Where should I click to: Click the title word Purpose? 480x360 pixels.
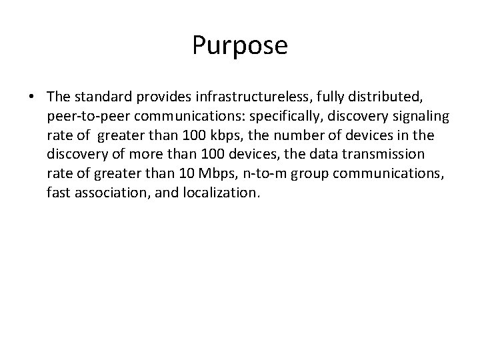240,46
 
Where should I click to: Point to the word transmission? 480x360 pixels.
385,155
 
